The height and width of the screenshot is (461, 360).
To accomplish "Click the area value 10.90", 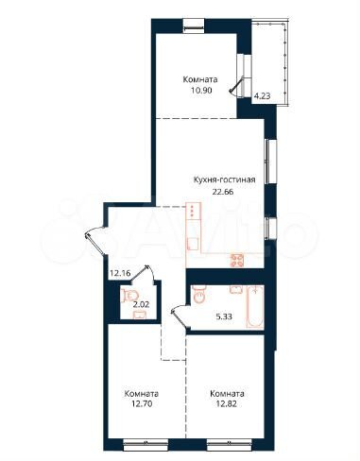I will click(200, 92).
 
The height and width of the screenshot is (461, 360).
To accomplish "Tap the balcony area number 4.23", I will click(262, 93).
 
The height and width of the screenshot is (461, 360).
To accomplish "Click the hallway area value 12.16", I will click(119, 275).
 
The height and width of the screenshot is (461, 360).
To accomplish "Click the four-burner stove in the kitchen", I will click(239, 260).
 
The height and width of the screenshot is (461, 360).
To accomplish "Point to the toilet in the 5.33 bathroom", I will click(199, 294).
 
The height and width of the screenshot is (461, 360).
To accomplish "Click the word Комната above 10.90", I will click(200, 79).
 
